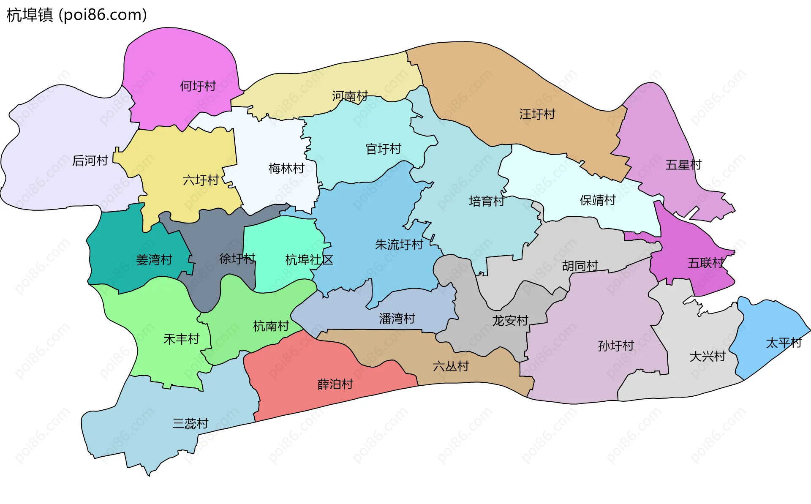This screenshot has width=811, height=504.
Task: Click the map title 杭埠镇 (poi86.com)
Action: click(77, 15)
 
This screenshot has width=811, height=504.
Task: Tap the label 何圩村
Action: click(198, 86)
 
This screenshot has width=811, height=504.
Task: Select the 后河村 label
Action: click(90, 161)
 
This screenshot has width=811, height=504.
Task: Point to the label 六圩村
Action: click(201, 180)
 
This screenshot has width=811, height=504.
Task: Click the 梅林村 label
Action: click(286, 169)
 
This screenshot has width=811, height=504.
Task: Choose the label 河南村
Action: click(350, 96)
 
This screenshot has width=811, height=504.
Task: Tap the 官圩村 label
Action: click(383, 149)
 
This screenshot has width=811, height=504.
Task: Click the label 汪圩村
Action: click(537, 114)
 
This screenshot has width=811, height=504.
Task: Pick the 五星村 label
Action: click(683, 165)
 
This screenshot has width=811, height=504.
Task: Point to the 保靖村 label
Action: click(598, 200)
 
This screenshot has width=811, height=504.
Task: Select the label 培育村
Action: click(487, 201)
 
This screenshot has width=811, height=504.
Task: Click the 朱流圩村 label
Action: click(399, 245)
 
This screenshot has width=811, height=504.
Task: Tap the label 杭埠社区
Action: click(309, 260)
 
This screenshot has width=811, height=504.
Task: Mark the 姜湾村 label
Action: click(154, 260)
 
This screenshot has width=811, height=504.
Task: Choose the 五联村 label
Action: click(705, 263)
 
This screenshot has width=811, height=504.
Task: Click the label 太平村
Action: click(784, 343)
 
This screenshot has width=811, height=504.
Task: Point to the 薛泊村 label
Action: click(335, 384)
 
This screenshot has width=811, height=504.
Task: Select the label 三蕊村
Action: click(190, 423)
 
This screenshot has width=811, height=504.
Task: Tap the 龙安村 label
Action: click(510, 321)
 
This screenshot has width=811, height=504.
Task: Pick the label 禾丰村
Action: click(181, 339)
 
